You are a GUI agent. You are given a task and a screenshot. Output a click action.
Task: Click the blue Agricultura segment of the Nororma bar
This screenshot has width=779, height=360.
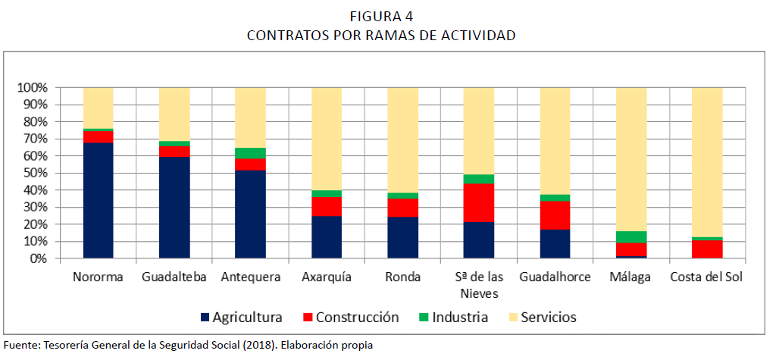click(x=98, y=200)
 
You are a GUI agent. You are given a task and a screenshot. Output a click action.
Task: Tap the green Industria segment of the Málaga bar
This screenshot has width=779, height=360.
click(x=631, y=237)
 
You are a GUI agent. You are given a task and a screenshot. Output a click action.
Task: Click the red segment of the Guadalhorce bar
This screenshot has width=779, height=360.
click(x=555, y=215)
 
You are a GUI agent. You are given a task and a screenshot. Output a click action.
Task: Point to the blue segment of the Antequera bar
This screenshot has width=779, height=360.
click(x=250, y=214)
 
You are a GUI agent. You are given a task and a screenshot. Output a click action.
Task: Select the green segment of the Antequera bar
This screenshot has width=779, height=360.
click(x=250, y=153)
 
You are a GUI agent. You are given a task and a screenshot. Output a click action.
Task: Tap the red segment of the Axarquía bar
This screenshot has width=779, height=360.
click(x=327, y=207)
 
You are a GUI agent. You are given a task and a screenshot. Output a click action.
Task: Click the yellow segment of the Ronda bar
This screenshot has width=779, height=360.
click(x=402, y=140)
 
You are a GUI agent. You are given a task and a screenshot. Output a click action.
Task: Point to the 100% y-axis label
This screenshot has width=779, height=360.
click(x=33, y=88)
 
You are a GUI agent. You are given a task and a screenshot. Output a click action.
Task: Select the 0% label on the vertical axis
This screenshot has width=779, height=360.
click(x=38, y=258)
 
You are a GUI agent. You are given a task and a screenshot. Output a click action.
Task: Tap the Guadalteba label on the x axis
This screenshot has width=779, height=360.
click(x=174, y=277)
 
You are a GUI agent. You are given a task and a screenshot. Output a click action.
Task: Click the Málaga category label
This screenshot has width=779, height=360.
click(x=630, y=277)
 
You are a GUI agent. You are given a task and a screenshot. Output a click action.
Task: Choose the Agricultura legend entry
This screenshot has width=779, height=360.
click(x=242, y=318)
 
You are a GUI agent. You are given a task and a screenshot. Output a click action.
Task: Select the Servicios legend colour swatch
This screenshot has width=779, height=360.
click(x=512, y=318)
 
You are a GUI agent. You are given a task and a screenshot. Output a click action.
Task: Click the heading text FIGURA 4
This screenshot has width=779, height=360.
click(x=381, y=17)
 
